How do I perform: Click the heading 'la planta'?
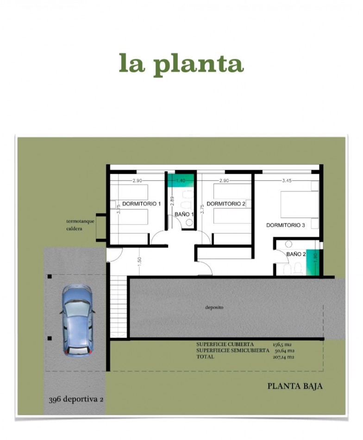point(181,64)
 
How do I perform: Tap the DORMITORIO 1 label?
point(141,204)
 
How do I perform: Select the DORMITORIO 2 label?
point(226,204)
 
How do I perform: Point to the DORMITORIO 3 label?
point(285,225)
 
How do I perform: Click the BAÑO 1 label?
point(184,214)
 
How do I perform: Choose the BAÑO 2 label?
point(296,254)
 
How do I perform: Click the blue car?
point(77,321)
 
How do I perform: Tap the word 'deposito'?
point(214,307)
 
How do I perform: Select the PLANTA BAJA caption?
point(295,386)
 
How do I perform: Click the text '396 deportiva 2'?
point(76,399)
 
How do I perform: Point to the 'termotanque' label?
point(80,221)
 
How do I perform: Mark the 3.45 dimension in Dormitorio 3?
point(287,181)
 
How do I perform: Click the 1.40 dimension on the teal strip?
point(181,181)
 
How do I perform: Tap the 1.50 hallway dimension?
point(140,261)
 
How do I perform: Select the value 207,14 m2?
point(283,357)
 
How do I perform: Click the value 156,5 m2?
point(282,344)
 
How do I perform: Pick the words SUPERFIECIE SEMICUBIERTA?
point(232,351)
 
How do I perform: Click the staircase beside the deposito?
point(118,307)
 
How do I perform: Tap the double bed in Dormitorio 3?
point(299,204)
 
